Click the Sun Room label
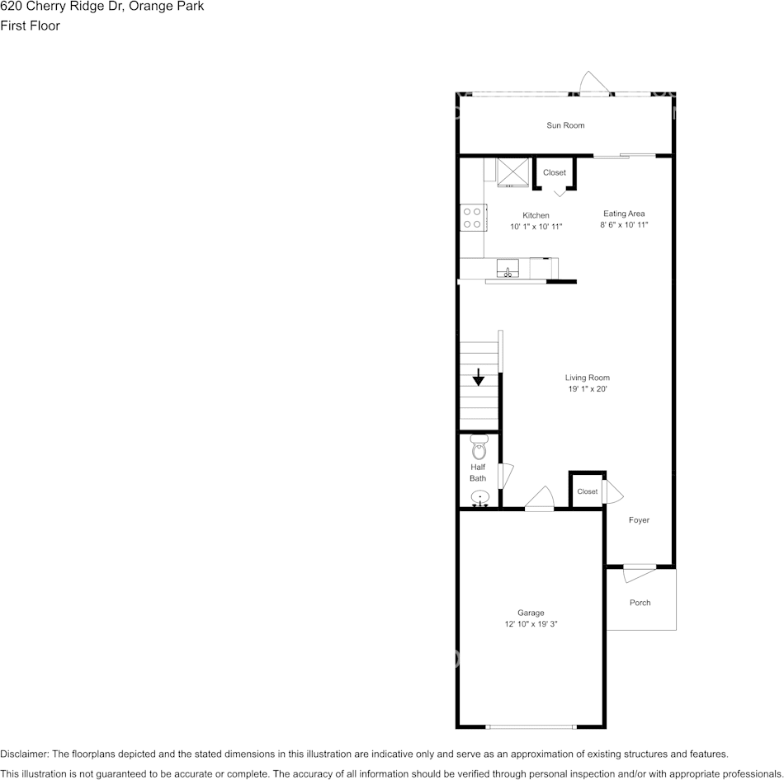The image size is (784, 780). pyautogui.click(x=565, y=125)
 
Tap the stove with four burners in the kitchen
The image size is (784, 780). pyautogui.click(x=472, y=217)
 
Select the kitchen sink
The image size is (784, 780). pyautogui.click(x=506, y=268)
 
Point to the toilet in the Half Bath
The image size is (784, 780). pyautogui.click(x=479, y=448)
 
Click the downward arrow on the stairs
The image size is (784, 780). pyautogui.click(x=479, y=378)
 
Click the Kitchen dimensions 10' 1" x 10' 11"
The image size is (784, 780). pyautogui.click(x=536, y=226)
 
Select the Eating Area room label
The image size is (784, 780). pyautogui.click(x=624, y=214)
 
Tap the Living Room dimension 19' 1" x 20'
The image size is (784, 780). pyautogui.click(x=587, y=388)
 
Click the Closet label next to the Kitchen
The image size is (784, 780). pyautogui.click(x=555, y=172)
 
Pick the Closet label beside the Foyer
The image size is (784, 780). pyautogui.click(x=588, y=491)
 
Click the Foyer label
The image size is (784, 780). pyautogui.click(x=639, y=520)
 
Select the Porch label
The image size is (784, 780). pyautogui.click(x=640, y=603)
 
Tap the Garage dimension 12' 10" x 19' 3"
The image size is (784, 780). pyautogui.click(x=531, y=624)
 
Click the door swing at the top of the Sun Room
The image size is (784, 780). pyautogui.click(x=594, y=83)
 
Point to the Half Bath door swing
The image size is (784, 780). pyautogui.click(x=506, y=476)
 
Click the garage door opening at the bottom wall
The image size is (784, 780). pyautogui.click(x=531, y=726)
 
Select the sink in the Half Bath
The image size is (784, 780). pyautogui.click(x=479, y=498)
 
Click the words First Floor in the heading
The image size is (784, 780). pyautogui.click(x=31, y=26)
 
